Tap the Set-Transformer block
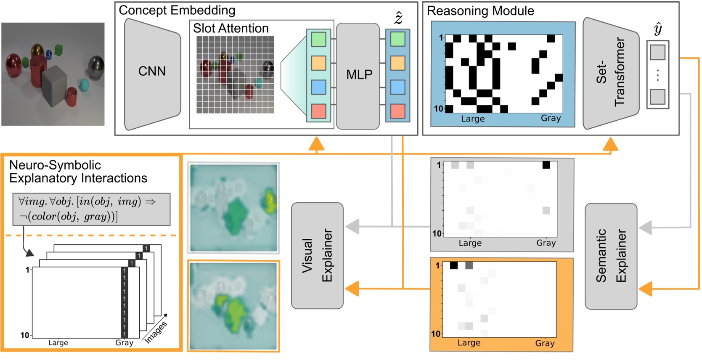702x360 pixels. tap(610, 74)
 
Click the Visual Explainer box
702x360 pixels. tap(317, 256)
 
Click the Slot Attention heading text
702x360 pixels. tap(230, 28)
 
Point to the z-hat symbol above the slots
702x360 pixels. tap(397, 18)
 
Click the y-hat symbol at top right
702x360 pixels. tap(658, 29)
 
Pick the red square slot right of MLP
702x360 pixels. tap(397, 111)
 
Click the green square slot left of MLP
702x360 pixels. tap(318, 40)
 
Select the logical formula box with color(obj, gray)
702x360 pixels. tap(91, 209)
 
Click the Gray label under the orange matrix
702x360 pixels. tap(545, 343)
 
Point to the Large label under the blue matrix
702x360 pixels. tap(473, 119)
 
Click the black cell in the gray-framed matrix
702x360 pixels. tap(546, 165)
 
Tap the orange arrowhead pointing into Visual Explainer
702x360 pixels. tap(352, 289)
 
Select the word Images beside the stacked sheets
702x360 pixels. tap(156, 332)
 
